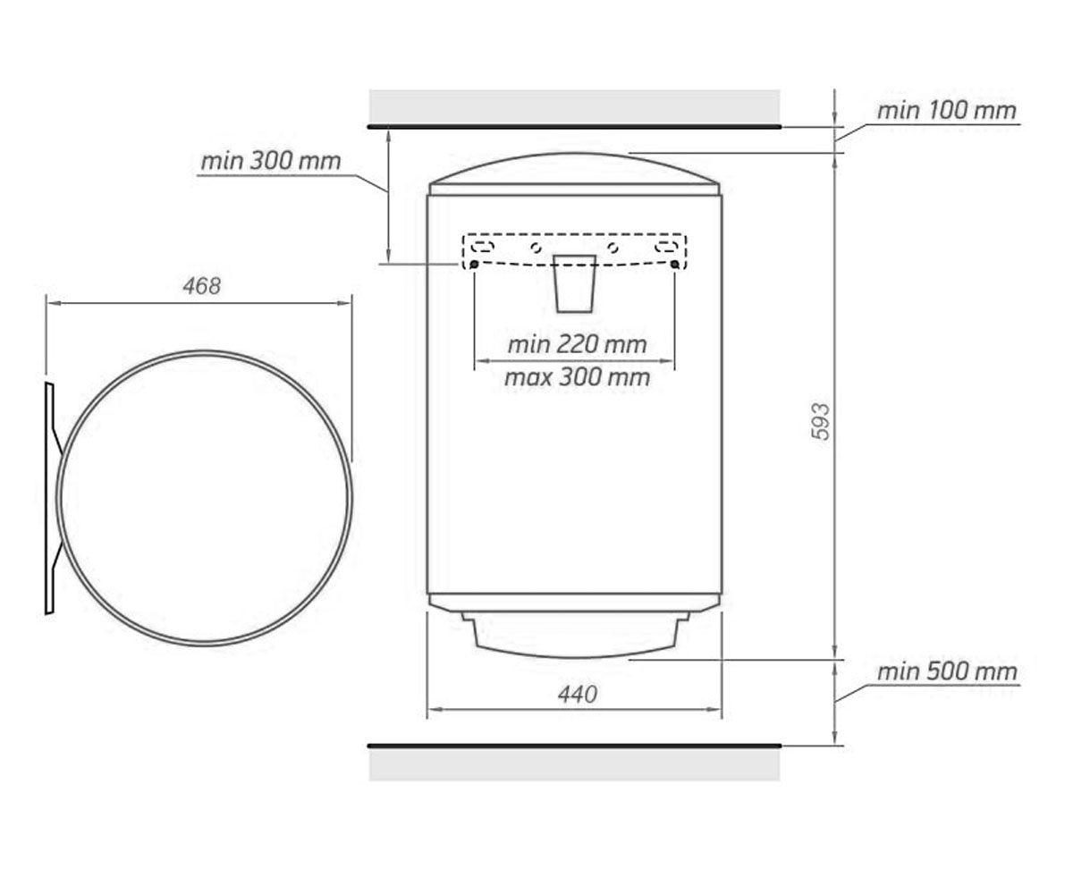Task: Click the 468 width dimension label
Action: [202, 286]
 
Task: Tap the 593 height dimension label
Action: [820, 422]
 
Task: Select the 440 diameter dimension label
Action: [578, 695]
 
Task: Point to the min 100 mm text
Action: [947, 111]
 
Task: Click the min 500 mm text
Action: [947, 671]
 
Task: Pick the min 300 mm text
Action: [271, 161]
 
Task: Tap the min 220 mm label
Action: [577, 344]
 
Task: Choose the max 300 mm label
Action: [577, 377]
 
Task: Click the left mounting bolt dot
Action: [474, 265]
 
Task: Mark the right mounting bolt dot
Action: [675, 265]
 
